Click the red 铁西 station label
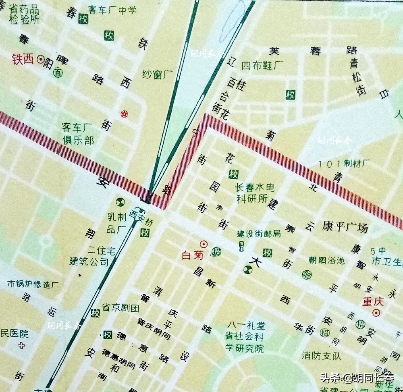23,60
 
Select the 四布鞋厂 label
262,65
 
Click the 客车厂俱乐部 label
78,134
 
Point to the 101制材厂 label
344,164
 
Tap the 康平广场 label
345,227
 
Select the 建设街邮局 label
258,234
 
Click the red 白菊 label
192,255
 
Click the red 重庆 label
372,302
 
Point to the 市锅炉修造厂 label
33,284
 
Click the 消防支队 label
321,356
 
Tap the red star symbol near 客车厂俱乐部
124,114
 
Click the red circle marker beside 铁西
40,60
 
